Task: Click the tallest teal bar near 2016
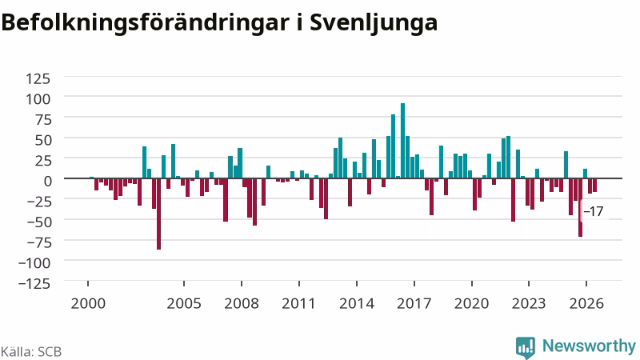point(402,141)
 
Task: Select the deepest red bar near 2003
point(158,214)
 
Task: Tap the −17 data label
point(593,211)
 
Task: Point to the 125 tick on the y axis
point(38,78)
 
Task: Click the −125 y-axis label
point(34,283)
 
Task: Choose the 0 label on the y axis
point(47,181)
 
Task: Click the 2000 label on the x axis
point(88,304)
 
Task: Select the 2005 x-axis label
point(184,304)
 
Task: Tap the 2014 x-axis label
point(357,304)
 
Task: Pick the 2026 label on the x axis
point(586,304)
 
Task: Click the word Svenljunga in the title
point(374,23)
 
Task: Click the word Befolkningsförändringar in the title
point(145,23)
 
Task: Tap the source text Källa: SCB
point(31,351)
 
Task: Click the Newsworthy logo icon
point(526,348)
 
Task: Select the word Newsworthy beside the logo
point(589,346)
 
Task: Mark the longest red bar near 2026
point(581,207)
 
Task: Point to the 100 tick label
point(38,98)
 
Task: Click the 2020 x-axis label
point(472,304)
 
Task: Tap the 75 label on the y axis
point(43,119)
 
